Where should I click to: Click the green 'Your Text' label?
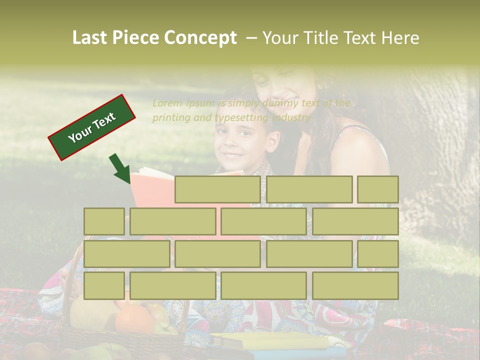pos(92,127)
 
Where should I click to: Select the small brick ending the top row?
pos(378,189)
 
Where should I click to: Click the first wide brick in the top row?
pos(217,189)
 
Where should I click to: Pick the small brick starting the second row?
pos(104,221)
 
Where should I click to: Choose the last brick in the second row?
pos(355,221)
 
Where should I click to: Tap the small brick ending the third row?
pos(378,254)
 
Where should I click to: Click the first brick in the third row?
pos(126,254)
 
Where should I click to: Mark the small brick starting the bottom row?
pos(104,286)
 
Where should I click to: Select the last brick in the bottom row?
pos(355,286)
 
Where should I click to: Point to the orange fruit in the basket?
pos(134,320)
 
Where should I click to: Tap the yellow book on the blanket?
pos(270,342)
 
